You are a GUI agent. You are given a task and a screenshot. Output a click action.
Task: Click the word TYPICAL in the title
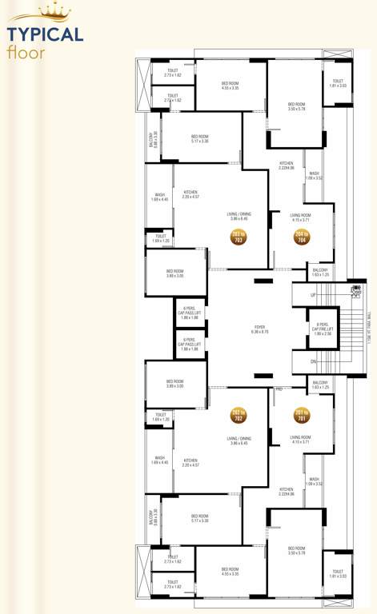coord(45,34)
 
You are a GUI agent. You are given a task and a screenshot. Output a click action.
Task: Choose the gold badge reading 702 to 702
coord(237,414)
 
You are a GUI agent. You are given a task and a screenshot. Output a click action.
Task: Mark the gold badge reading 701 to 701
coord(301,414)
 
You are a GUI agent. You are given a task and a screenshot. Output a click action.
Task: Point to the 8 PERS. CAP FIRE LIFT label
coord(323,326)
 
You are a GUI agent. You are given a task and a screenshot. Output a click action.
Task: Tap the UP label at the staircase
coord(312,296)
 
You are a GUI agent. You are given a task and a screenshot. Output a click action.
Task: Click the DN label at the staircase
coord(312,361)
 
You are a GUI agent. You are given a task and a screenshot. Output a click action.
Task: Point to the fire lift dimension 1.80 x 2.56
coord(323,334)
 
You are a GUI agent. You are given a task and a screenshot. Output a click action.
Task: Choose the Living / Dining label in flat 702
coord(239,438)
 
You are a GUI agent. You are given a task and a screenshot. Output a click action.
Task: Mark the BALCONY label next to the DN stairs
coord(320,383)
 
